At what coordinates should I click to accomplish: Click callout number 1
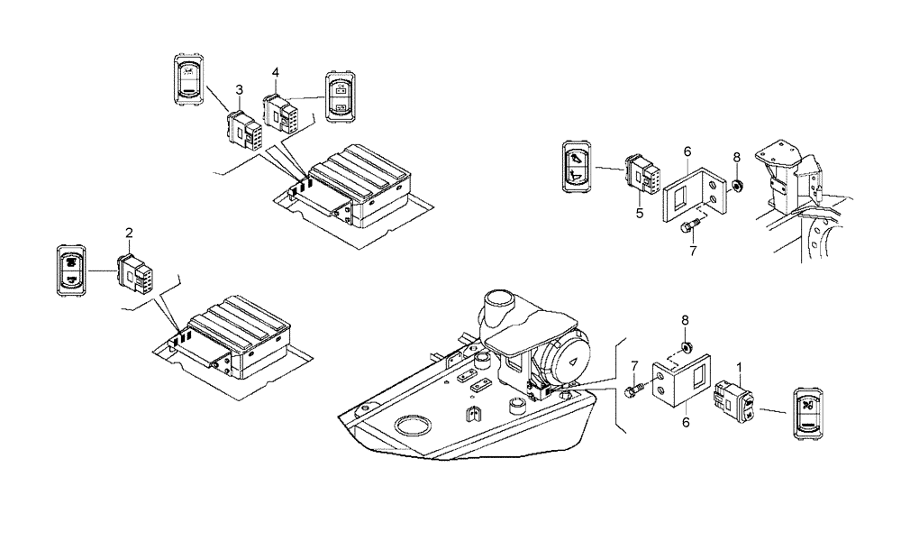741,368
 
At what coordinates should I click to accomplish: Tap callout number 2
129,234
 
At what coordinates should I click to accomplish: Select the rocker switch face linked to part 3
189,82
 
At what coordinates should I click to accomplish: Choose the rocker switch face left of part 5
577,166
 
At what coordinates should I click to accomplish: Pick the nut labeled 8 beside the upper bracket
736,187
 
